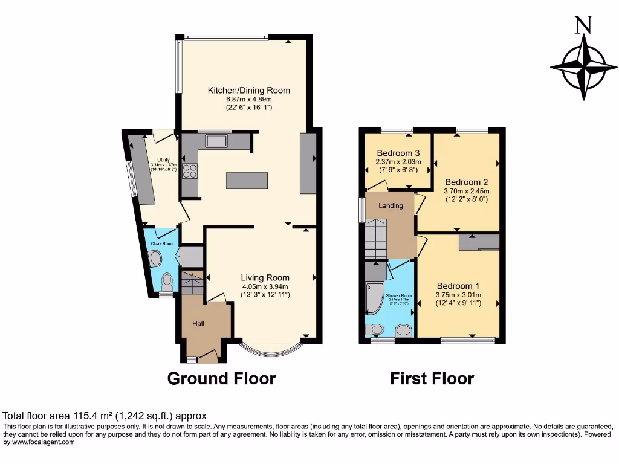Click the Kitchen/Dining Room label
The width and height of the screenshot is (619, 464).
[x=248, y=91]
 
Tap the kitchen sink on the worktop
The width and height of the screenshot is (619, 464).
[x=216, y=141]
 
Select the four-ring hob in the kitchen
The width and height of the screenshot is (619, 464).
[x=190, y=171]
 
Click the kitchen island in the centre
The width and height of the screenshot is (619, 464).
[x=247, y=181]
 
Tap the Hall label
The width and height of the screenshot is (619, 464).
[x=198, y=324]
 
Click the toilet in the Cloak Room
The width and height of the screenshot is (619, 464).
[x=167, y=280]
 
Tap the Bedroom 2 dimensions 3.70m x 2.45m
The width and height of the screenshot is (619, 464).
[x=466, y=192]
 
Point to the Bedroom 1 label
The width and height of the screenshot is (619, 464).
[x=458, y=286]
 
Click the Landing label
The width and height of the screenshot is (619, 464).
[x=391, y=206]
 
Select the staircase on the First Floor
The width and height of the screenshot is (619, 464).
[x=375, y=239]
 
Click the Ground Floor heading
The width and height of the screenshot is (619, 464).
[x=221, y=379]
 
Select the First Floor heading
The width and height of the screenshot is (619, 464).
[x=432, y=379]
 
